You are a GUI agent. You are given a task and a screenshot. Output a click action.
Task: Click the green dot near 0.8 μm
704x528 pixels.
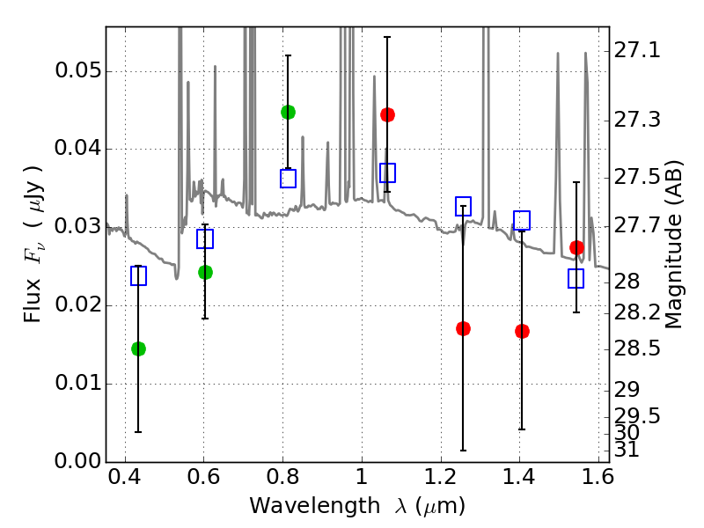(x=289, y=113)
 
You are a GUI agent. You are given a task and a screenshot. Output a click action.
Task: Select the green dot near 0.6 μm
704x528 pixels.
(x=205, y=272)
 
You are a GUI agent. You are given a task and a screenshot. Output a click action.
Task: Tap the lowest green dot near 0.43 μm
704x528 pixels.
(x=138, y=348)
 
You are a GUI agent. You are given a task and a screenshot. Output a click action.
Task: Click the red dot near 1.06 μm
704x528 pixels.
(x=387, y=115)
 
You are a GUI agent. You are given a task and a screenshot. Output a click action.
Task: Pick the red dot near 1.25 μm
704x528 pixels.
(x=464, y=328)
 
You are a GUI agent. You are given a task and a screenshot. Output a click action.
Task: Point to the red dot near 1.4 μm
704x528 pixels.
(x=522, y=332)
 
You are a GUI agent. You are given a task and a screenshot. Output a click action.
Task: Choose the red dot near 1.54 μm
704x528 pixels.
(x=576, y=247)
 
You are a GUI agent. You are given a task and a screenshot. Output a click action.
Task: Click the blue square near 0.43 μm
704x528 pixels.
(x=138, y=275)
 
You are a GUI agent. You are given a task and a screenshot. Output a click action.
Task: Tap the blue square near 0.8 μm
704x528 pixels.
(x=289, y=179)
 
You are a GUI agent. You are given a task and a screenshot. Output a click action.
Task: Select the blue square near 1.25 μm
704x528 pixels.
(x=464, y=206)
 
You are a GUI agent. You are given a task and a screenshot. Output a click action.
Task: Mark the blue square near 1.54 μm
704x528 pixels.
(x=576, y=278)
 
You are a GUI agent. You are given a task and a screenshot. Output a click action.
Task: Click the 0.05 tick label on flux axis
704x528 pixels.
(x=77, y=70)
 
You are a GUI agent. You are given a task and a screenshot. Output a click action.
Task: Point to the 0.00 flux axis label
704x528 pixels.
(x=77, y=461)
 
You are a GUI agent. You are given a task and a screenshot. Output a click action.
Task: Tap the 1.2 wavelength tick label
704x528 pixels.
(x=441, y=477)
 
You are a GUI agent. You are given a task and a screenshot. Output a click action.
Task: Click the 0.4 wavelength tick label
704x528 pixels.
(x=125, y=477)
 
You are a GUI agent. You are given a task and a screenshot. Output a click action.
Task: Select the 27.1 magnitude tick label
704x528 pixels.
(x=637, y=50)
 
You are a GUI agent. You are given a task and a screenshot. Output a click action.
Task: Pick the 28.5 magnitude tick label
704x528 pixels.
(x=637, y=348)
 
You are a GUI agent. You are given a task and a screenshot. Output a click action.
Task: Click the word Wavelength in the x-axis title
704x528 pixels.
(x=315, y=506)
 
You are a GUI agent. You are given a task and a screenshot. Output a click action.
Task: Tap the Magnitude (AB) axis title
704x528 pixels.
(x=672, y=245)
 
